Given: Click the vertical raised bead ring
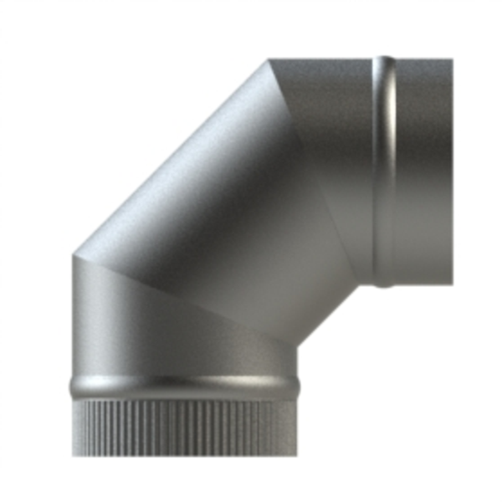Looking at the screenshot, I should tap(383, 172).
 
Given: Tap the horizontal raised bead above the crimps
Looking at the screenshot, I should tap(183, 387).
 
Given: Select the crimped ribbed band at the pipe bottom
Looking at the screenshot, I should tap(183, 427).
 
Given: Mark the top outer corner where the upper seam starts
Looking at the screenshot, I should tap(269, 59).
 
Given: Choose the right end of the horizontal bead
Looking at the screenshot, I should tap(298, 386).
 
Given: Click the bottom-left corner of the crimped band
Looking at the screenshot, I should tap(73, 454).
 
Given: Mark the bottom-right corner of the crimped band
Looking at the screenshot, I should tap(296, 454).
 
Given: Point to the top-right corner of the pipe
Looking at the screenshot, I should tap(452, 59).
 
